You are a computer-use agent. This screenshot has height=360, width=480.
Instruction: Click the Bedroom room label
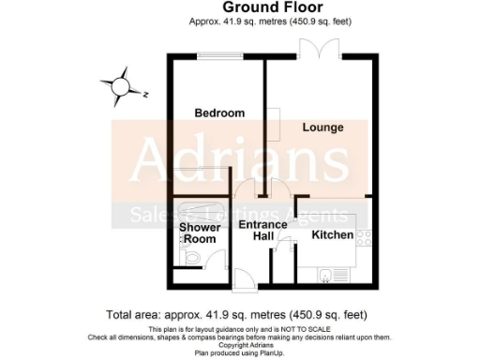(x=219, y=113)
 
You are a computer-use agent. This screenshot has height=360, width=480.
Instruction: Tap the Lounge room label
(x=322, y=127)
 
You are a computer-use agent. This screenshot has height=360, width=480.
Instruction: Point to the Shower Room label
(x=200, y=232)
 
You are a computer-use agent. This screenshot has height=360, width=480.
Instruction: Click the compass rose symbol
(x=121, y=86)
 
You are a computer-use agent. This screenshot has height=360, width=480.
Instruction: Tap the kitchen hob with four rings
(x=365, y=239)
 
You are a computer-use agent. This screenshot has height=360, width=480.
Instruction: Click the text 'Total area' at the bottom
(x=140, y=314)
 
